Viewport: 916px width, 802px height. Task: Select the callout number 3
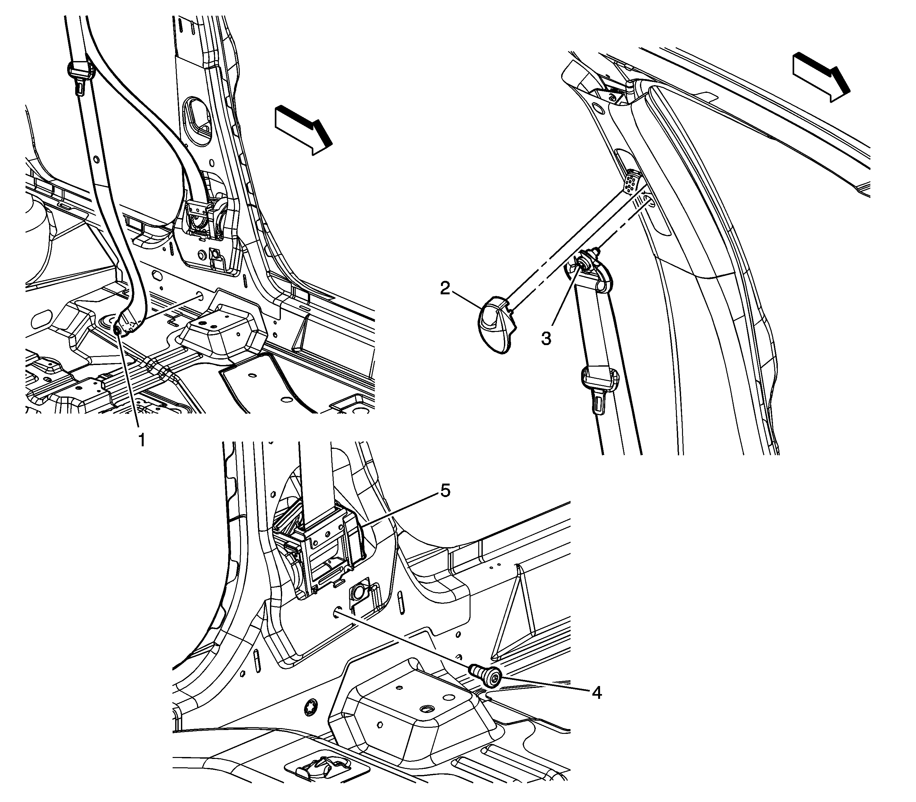[546, 338]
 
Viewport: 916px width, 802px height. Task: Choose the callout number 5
[445, 491]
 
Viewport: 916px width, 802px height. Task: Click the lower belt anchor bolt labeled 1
[117, 330]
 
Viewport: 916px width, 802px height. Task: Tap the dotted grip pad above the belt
[634, 182]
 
